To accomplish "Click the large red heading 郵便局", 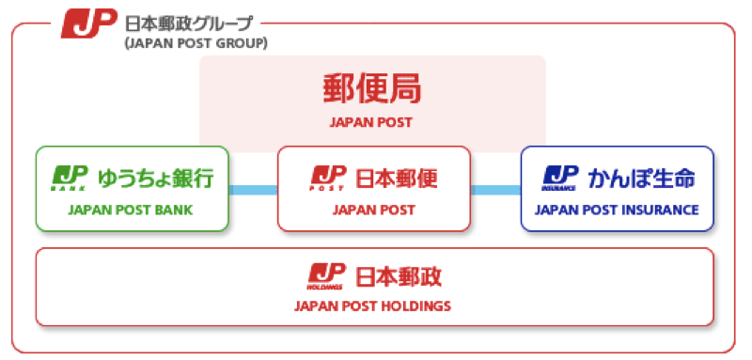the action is point(372,89).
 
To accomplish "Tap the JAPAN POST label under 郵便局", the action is point(370,122).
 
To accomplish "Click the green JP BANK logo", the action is point(70,178).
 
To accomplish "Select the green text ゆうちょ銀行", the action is point(156,179).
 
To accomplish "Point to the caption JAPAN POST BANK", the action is point(131,210).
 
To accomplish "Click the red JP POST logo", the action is point(328,178).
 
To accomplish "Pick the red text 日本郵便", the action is point(397,179).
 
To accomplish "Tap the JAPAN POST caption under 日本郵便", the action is point(373,210).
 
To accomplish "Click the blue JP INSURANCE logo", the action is point(560,178).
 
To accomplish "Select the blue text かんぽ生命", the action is point(642,179).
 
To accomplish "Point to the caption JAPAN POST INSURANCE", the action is point(617,210).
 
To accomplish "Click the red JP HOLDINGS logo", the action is point(326,276).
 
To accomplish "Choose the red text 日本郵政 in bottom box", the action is point(398,277).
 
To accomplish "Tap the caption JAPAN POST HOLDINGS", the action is point(372,305).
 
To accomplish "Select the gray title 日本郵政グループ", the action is point(189,23).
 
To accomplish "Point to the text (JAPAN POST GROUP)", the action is point(196,44).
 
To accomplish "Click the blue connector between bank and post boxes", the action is point(253,190).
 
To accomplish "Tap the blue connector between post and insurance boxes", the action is point(496,190).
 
